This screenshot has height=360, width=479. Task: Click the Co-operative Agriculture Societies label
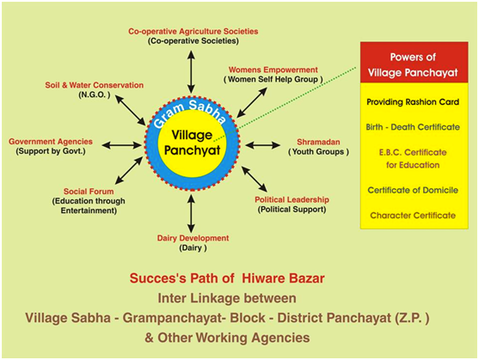193,31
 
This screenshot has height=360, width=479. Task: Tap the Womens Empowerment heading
273,70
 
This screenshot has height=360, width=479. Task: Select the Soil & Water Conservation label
94,85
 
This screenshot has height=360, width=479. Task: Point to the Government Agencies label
51,141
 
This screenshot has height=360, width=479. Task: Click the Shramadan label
318,142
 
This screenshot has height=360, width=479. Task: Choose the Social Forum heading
89,192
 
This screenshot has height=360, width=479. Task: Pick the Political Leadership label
292,199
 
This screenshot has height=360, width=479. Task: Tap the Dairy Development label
193,238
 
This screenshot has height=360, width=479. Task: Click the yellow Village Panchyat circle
192,143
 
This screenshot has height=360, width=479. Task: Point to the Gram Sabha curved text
190,113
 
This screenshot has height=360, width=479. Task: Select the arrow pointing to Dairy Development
191,214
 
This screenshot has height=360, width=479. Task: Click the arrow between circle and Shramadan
262,145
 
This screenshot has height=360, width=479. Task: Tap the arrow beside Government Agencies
122,145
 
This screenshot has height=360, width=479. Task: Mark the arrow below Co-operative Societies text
191,71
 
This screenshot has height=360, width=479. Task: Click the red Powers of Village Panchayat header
414,63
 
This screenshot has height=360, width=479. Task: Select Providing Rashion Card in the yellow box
413,102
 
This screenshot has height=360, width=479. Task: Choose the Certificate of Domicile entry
413,190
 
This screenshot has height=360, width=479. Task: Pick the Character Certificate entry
413,216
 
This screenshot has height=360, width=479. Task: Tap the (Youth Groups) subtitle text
318,151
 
